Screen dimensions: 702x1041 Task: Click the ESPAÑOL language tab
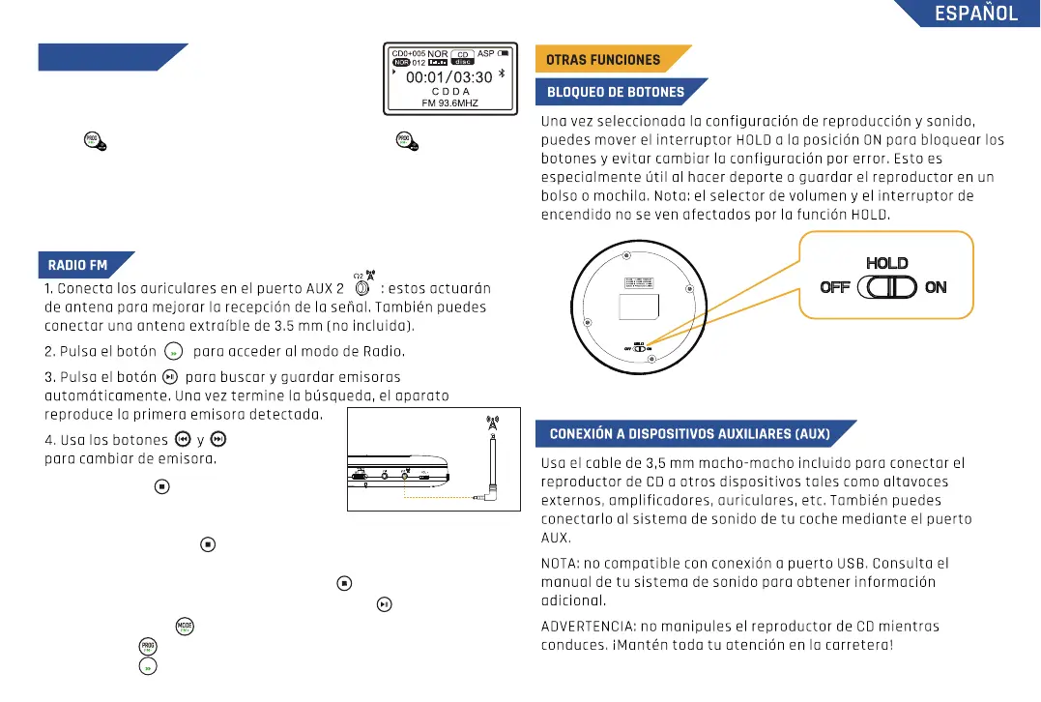pos(975,14)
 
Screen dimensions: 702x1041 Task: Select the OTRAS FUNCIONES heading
pos(603,59)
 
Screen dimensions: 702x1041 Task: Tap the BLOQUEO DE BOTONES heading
pos(615,93)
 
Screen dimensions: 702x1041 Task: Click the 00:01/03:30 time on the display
pos(448,76)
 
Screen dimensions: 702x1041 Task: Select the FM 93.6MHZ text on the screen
pos(449,102)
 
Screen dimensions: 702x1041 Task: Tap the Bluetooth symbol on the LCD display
pos(513,75)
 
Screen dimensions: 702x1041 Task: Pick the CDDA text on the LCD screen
pos(450,91)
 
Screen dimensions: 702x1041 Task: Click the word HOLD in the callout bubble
pos(886,263)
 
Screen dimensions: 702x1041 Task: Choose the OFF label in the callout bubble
pos(834,287)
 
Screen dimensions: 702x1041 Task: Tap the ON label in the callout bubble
pos(935,287)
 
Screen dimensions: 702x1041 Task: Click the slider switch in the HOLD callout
pos(885,287)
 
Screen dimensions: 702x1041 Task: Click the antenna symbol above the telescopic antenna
pos(492,424)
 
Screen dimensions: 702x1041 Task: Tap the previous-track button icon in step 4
pos(182,439)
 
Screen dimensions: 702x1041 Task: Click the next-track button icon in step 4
pos(217,439)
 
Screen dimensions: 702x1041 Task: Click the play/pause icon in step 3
pos(170,376)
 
